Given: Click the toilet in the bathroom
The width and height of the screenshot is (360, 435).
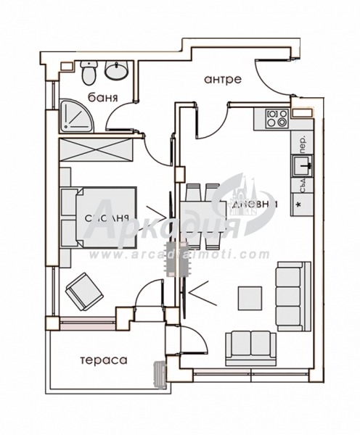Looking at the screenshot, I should tap(89, 73).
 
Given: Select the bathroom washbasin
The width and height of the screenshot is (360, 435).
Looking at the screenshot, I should tap(115, 71).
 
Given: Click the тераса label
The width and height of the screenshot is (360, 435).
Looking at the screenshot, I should tap(103, 360).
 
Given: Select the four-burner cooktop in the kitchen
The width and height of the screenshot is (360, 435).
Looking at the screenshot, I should tap(275, 117).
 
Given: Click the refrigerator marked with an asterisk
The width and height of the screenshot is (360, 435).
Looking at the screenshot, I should tap(298, 204).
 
